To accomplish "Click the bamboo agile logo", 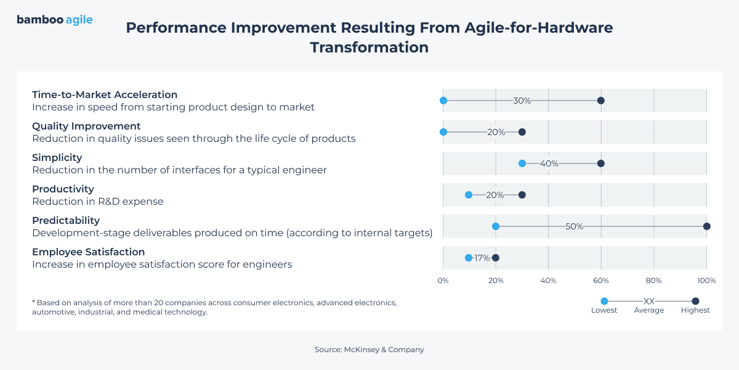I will (55, 20).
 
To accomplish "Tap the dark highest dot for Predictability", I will (706, 226).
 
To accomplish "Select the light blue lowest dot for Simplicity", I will (522, 163).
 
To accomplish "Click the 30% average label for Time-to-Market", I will (522, 101).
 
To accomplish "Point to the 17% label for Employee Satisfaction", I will (482, 258).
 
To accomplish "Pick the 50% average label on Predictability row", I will (574, 226).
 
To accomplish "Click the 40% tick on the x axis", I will (548, 281).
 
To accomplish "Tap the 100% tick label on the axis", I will (706, 281).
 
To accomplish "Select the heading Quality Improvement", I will (86, 126).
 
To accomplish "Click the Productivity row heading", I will (63, 189).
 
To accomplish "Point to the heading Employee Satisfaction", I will (88, 252).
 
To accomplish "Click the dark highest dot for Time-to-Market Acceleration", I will (601, 101).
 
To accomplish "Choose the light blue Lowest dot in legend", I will (604, 301).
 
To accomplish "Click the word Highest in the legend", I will (695, 310).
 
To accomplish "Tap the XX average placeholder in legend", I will (648, 301).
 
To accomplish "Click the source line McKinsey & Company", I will (369, 350).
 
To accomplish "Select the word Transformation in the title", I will (369, 47).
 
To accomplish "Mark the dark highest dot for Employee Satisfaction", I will (496, 258).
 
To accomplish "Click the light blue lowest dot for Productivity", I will (469, 195).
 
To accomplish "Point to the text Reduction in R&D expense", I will (97, 201).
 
